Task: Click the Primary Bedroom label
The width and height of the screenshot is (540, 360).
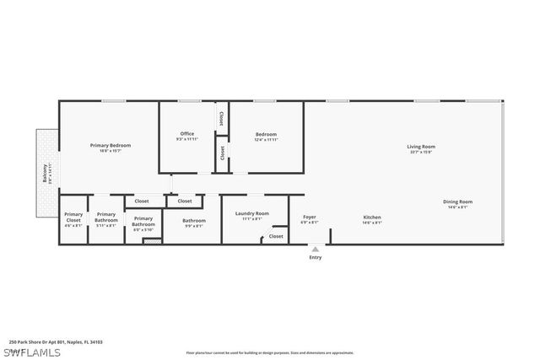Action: tap(111, 145)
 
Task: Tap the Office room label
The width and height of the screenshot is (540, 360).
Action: tap(187, 134)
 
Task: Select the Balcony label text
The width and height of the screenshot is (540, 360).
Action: tap(45, 173)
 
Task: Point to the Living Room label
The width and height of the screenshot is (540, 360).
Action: tap(421, 147)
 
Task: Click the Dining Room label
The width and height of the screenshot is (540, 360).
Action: tap(458, 201)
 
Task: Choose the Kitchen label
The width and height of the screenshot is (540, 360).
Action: tap(372, 217)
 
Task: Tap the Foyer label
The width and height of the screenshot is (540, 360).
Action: tap(310, 217)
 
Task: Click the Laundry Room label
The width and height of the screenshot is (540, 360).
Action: tap(252, 213)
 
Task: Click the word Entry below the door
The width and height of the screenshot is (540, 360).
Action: tap(316, 257)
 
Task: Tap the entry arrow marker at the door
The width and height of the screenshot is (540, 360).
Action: tap(315, 248)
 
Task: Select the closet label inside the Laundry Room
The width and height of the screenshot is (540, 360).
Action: tap(277, 237)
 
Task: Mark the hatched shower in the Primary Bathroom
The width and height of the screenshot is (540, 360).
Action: tap(151, 241)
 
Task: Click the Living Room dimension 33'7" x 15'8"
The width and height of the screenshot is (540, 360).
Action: tap(421, 153)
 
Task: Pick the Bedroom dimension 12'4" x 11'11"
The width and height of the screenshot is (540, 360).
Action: tap(267, 140)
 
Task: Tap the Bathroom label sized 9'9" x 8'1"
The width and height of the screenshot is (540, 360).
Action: tap(194, 220)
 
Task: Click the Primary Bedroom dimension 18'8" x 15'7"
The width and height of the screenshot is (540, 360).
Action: tap(111, 151)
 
